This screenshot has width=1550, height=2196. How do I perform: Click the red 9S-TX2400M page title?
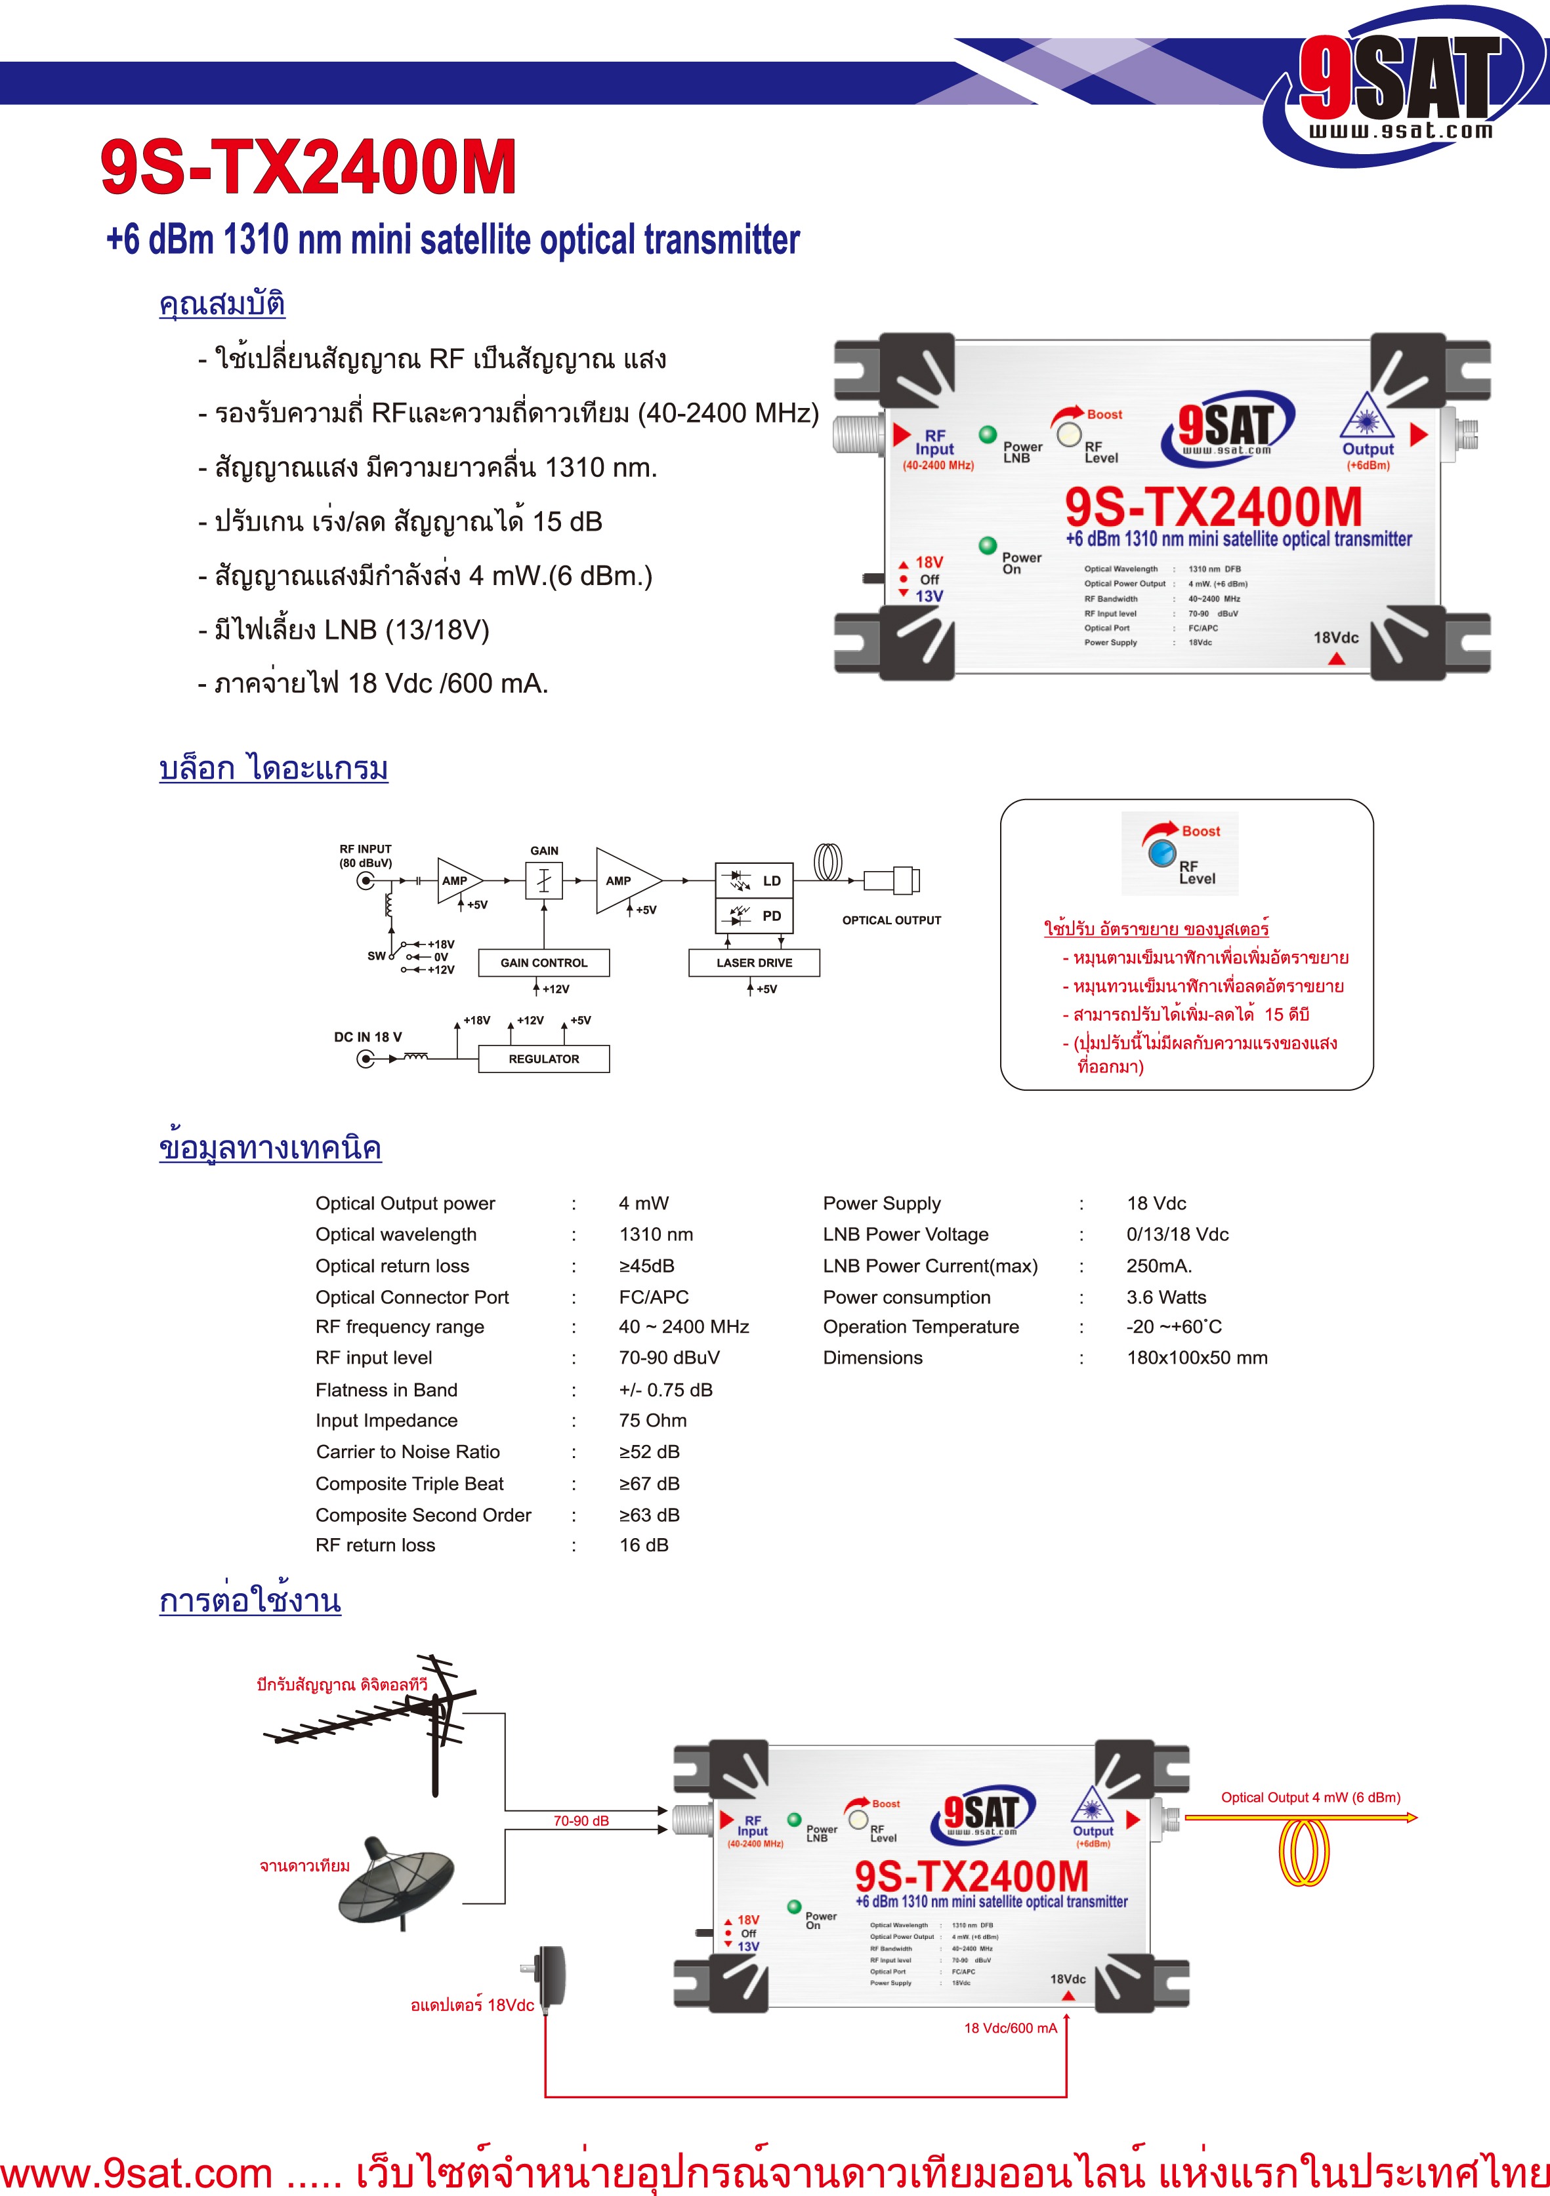(x=308, y=167)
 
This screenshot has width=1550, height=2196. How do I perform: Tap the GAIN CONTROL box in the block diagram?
(x=543, y=962)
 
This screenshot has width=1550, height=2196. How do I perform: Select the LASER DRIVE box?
(x=754, y=962)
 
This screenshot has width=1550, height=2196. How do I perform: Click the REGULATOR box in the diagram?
(x=543, y=1059)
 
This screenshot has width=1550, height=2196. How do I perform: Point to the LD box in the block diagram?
(x=754, y=880)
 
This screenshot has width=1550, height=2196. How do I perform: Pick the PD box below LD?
(x=754, y=915)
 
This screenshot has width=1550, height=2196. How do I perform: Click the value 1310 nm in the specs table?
(x=656, y=1235)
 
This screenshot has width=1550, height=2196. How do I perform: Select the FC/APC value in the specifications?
(x=654, y=1297)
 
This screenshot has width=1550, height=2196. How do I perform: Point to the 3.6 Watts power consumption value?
(x=1166, y=1297)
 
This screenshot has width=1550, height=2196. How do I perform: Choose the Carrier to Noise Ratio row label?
(x=408, y=1452)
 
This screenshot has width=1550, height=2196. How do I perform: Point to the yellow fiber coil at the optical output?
(x=1304, y=1851)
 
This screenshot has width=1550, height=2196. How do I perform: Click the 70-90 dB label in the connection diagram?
(x=581, y=1820)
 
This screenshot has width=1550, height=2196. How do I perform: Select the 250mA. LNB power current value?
(x=1159, y=1265)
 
